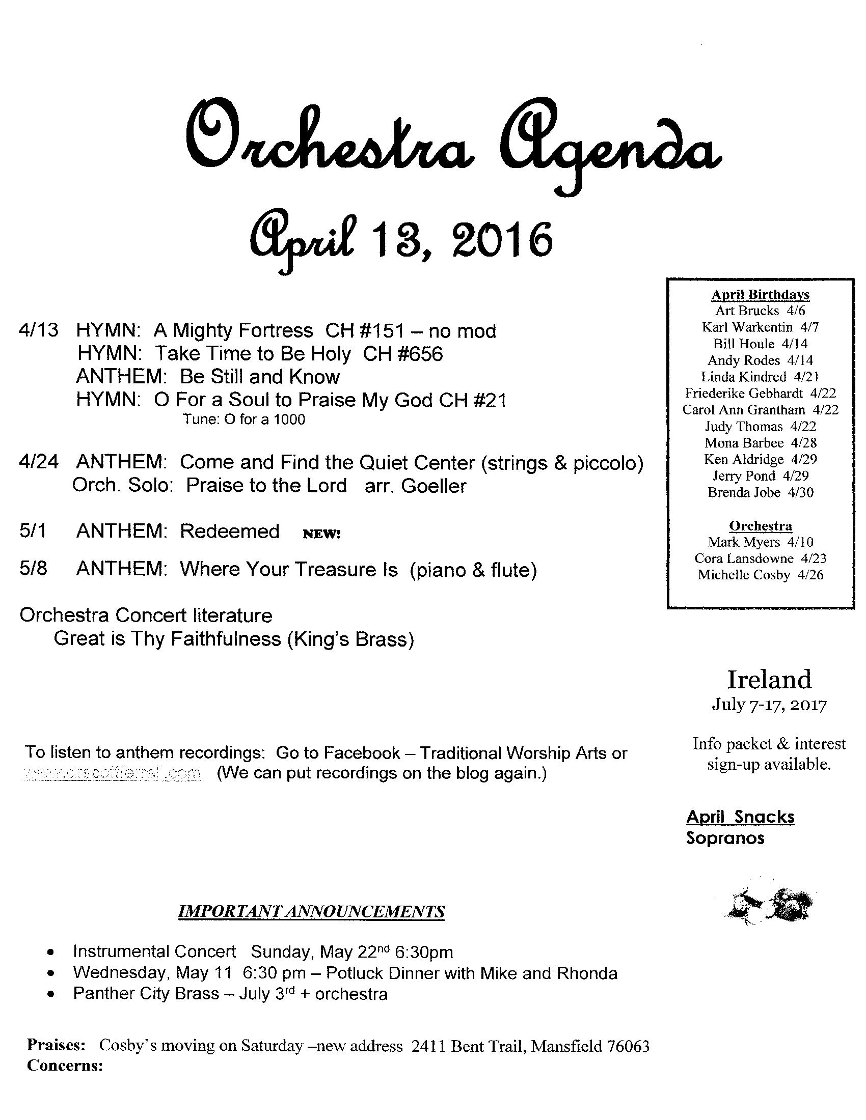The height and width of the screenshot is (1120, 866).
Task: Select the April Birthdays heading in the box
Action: pyautogui.click(x=761, y=294)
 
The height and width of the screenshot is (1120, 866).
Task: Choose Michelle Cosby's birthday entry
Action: pyautogui.click(x=761, y=575)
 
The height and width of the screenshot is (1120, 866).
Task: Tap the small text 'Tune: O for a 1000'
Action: pyautogui.click(x=244, y=419)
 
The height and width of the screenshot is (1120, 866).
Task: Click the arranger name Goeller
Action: pyautogui.click(x=434, y=486)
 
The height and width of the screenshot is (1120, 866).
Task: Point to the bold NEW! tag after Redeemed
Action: pyautogui.click(x=321, y=534)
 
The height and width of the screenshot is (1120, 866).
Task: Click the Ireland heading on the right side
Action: pyautogui.click(x=769, y=680)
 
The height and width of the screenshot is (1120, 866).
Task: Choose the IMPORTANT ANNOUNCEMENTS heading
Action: pyautogui.click(x=311, y=912)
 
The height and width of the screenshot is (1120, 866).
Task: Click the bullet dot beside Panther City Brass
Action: pyautogui.click(x=50, y=994)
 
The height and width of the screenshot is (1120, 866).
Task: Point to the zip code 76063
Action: pyautogui.click(x=628, y=1046)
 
